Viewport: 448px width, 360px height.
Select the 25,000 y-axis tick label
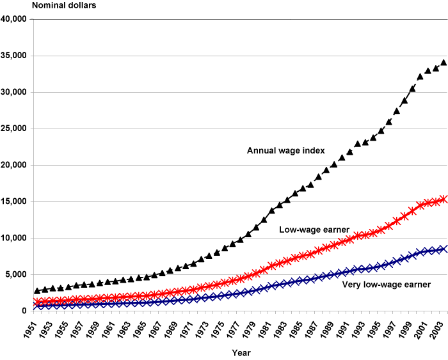[x=13, y=129]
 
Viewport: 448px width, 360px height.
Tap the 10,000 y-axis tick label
[x=13, y=238]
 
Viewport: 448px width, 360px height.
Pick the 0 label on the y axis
[x=23, y=311]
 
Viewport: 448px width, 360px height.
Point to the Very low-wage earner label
[x=386, y=285]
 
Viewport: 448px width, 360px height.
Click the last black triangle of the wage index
[x=444, y=63]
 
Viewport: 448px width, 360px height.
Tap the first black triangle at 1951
[x=38, y=290]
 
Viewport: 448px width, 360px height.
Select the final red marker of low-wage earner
[x=444, y=199]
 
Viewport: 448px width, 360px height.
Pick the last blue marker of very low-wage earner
[x=444, y=249]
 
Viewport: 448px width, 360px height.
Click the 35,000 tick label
[x=13, y=56]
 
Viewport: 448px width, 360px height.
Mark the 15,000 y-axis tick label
[x=13, y=201]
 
